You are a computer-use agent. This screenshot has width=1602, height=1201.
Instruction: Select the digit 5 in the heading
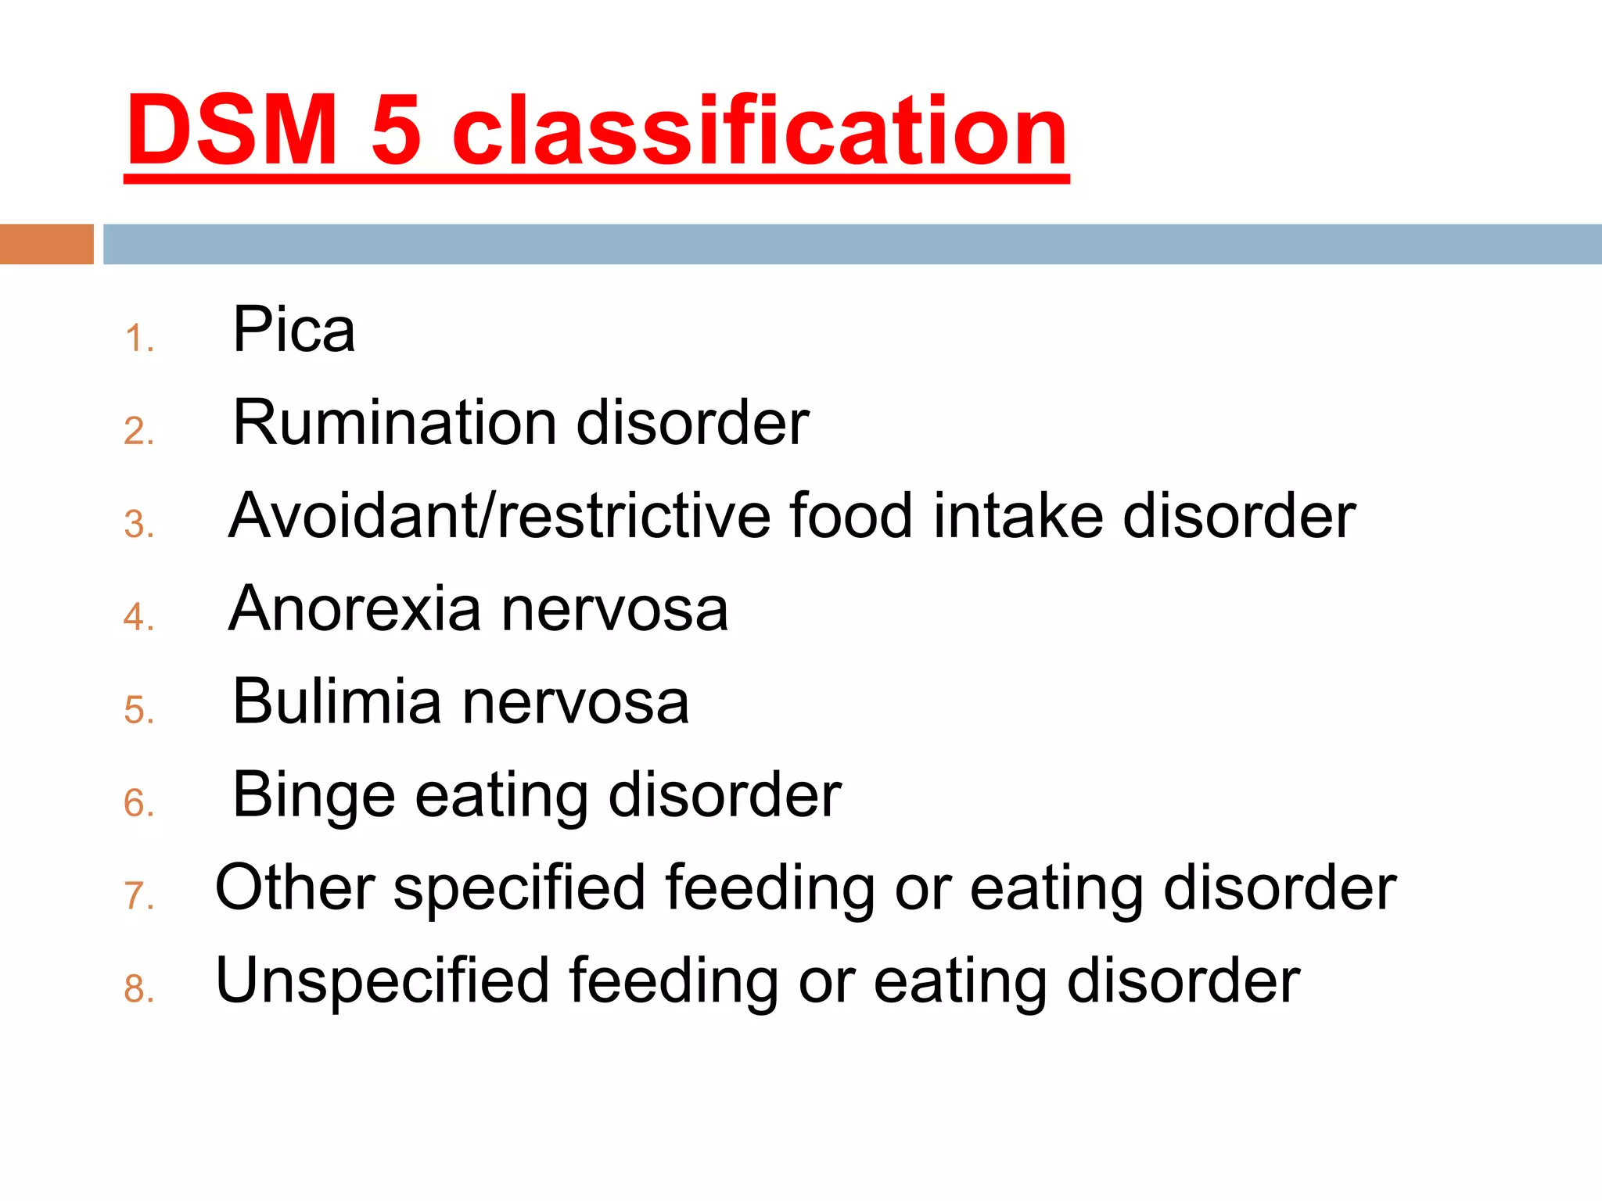[x=396, y=131]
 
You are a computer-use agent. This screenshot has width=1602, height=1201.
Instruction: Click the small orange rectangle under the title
[x=46, y=244]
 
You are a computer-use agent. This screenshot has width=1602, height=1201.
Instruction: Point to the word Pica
[x=294, y=330]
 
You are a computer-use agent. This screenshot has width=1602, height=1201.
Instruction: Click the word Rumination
[x=394, y=423]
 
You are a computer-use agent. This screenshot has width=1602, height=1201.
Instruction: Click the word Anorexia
[x=355, y=609]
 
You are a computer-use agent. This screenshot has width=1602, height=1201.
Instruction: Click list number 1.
[x=138, y=339]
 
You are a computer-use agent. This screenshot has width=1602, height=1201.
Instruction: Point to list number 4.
[x=138, y=618]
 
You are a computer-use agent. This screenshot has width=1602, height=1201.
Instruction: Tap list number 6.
[x=138, y=804]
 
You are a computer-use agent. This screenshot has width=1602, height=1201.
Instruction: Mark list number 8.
[x=138, y=990]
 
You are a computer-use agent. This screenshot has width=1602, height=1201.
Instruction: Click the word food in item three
[x=851, y=516]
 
